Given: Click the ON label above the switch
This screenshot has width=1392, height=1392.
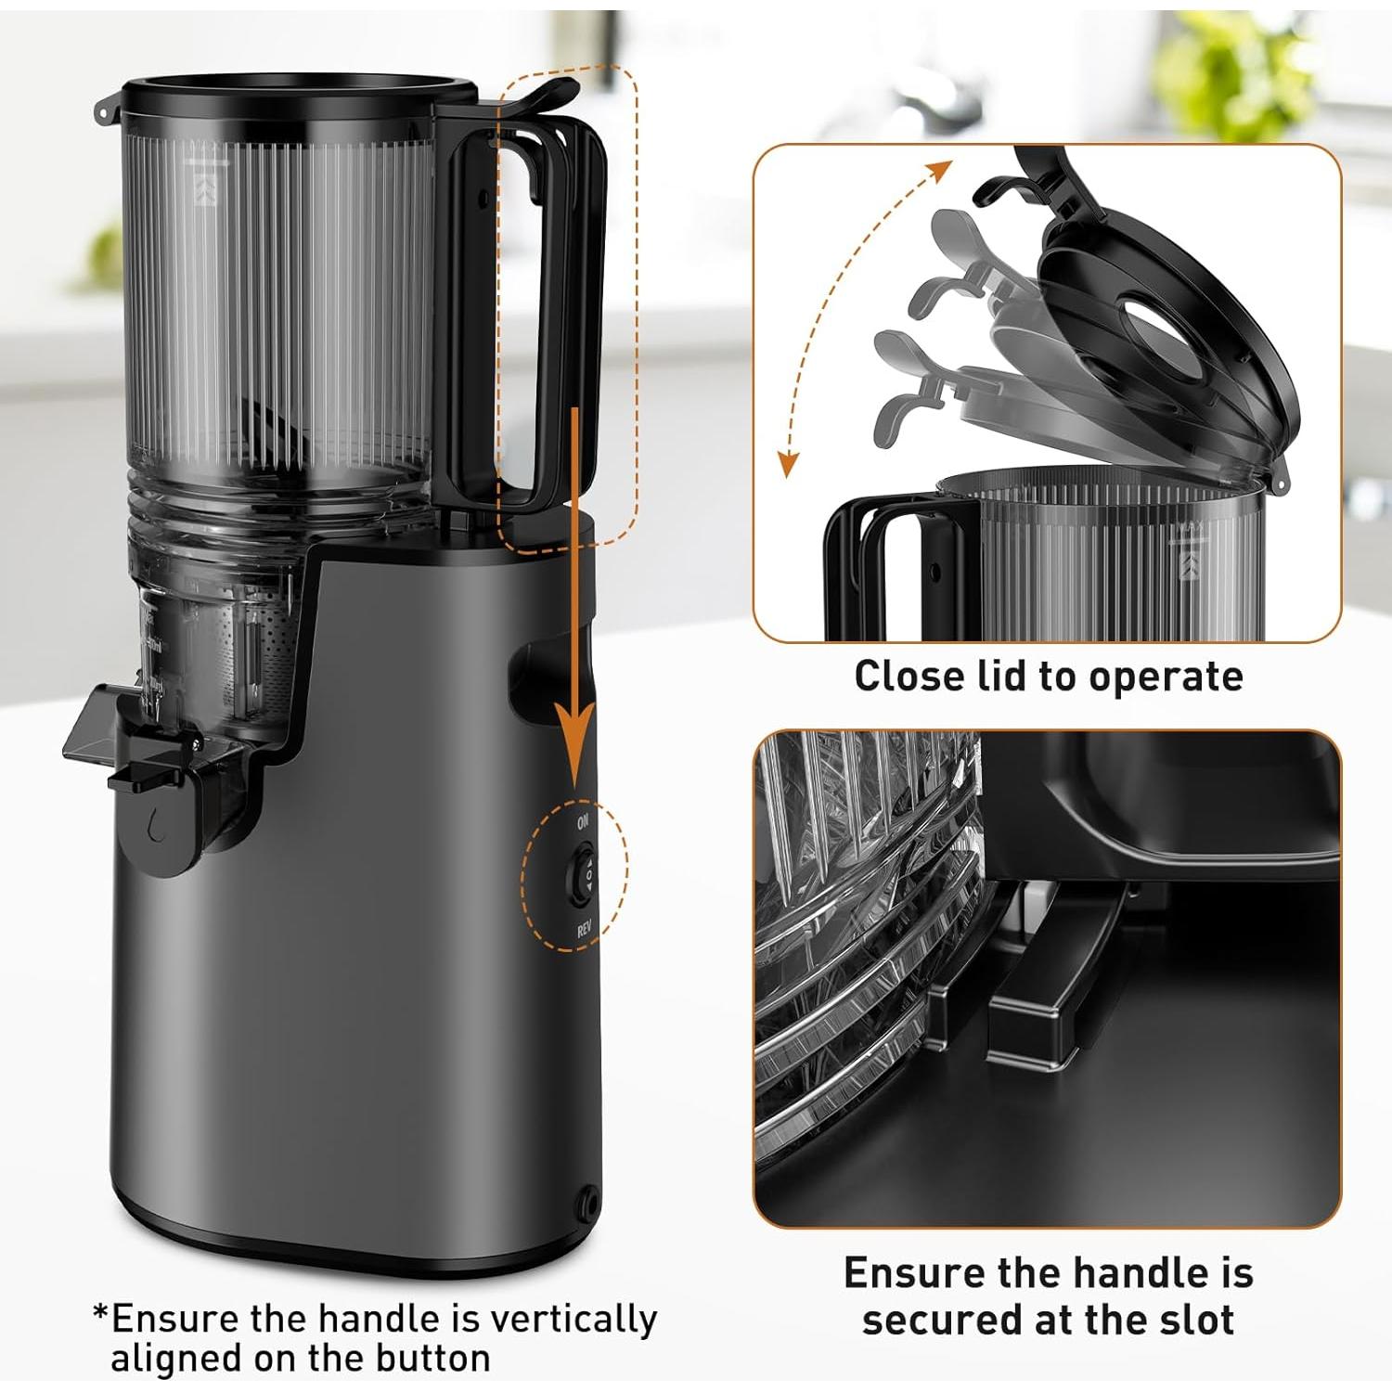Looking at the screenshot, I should click(x=583, y=821).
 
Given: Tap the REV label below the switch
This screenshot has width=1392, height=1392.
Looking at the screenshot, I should click(x=585, y=929).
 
